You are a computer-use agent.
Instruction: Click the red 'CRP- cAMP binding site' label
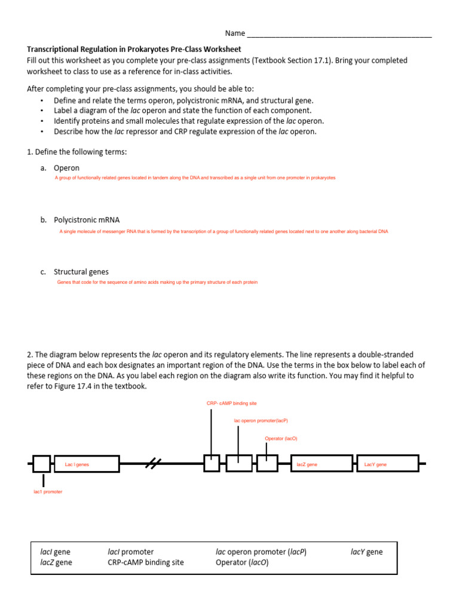tap(231, 403)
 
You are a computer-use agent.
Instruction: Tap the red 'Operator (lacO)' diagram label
tap(281, 438)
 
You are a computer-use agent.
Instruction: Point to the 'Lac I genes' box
tap(86, 464)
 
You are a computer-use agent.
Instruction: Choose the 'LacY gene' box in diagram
tap(387, 464)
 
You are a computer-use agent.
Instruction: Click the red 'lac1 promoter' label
tap(48, 491)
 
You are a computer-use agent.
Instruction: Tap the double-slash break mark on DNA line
tap(155, 463)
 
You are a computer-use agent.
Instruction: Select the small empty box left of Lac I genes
tap(41, 464)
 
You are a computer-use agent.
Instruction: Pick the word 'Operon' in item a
tap(66, 168)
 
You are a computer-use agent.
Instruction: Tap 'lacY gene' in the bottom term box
tap(366, 552)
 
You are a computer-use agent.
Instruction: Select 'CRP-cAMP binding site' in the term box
tap(146, 562)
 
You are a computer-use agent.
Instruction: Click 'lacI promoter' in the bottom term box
tap(130, 552)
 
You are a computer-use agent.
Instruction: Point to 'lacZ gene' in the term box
tap(56, 562)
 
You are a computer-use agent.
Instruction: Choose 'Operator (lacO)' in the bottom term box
tap(242, 562)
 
